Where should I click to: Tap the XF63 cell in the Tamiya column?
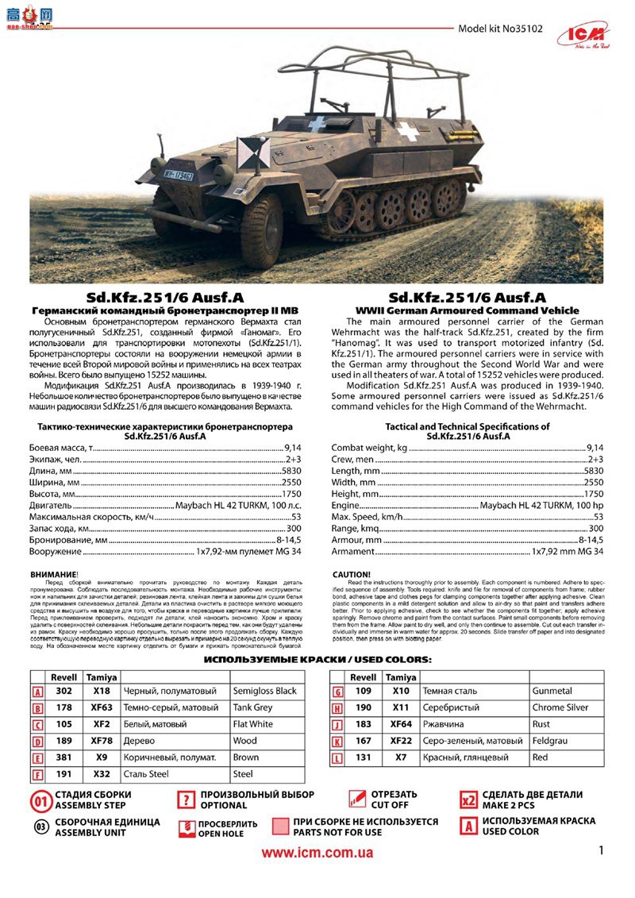[102, 707]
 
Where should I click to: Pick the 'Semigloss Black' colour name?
[264, 692]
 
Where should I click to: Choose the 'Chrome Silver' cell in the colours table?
[560, 707]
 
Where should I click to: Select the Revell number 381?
[64, 757]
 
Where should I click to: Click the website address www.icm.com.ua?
[317, 851]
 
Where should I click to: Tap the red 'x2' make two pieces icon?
[469, 799]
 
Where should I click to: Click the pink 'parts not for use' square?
[280, 827]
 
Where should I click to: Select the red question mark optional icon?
[186, 800]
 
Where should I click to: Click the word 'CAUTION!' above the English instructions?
[352, 574]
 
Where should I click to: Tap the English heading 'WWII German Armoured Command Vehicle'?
[467, 310]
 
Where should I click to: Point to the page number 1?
[602, 851]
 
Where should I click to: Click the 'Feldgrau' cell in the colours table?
[551, 741]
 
